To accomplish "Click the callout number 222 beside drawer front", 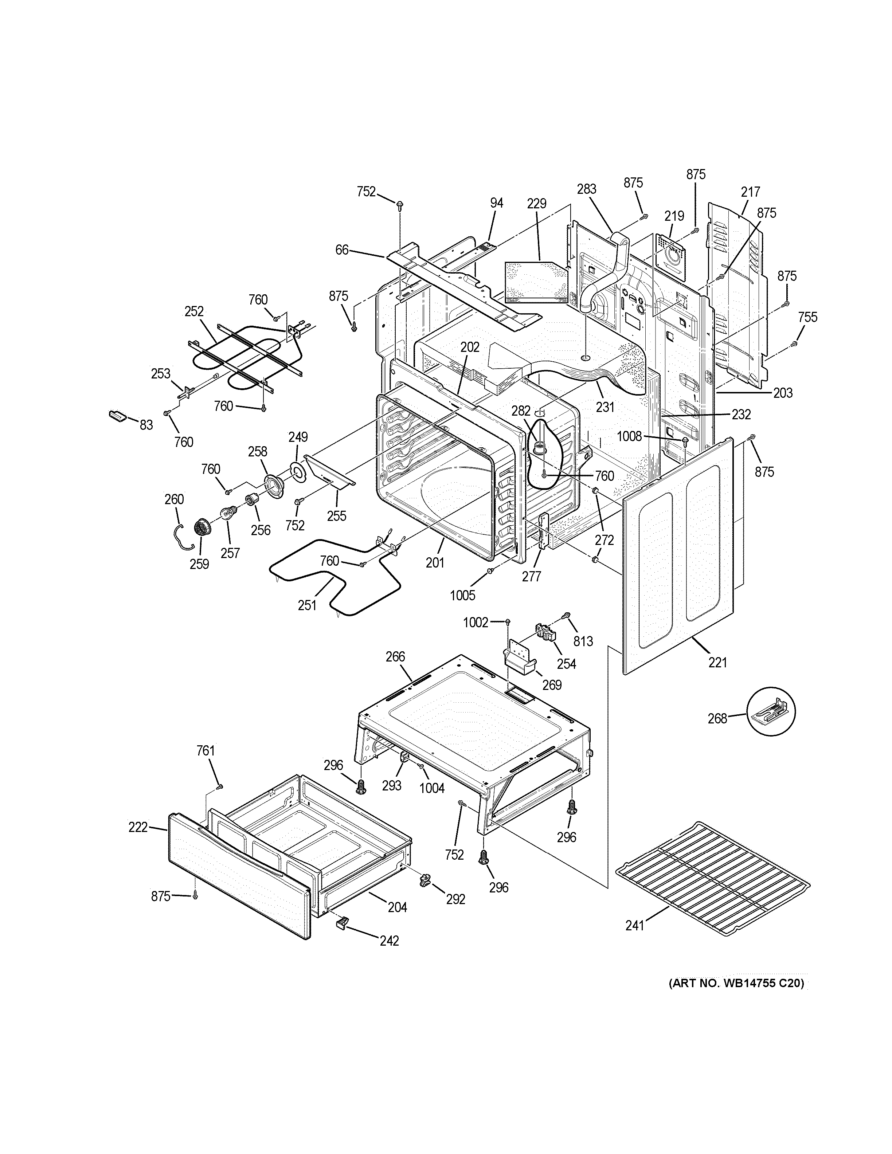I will click(x=138, y=842).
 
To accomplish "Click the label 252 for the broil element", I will click(x=194, y=311).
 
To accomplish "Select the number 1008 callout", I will click(x=629, y=436).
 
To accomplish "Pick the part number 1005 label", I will click(x=462, y=596).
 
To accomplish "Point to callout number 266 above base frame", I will click(x=395, y=656).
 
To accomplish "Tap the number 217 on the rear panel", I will click(x=750, y=192).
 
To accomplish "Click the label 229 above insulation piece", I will click(x=536, y=203).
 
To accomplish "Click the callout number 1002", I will click(x=476, y=623).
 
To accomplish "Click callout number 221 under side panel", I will click(x=717, y=662).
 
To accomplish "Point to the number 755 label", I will click(x=807, y=317).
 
